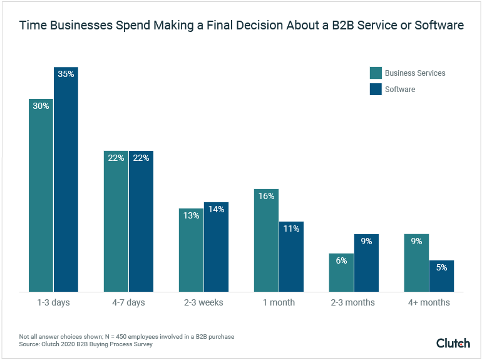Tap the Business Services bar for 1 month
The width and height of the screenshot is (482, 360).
click(266, 240)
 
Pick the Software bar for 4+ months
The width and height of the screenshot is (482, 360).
click(441, 276)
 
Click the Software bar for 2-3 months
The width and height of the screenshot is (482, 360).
click(366, 263)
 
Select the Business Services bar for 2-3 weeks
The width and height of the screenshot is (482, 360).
click(191, 250)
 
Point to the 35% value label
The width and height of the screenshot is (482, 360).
click(66, 74)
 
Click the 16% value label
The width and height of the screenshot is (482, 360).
click(266, 196)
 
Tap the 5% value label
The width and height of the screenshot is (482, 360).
click(441, 267)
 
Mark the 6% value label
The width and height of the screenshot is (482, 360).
click(341, 260)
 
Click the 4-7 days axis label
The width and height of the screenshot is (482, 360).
click(128, 302)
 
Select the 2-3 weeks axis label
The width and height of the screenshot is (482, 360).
click(203, 302)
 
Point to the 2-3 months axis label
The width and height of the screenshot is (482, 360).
click(353, 302)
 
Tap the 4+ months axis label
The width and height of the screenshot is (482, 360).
click(428, 302)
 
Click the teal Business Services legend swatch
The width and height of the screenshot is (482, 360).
click(376, 73)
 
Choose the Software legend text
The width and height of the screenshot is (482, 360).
click(400, 90)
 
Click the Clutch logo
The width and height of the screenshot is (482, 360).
click(453, 343)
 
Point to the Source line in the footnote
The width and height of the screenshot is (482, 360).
click(86, 344)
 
